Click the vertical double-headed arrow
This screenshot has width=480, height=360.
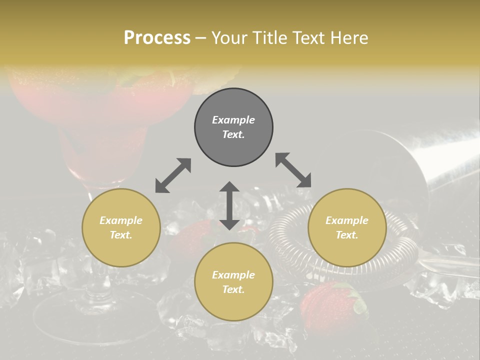229,205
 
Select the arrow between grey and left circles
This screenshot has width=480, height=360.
173,175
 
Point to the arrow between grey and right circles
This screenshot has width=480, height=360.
293,170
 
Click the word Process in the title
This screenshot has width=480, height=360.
157,38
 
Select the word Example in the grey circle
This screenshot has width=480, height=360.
233,120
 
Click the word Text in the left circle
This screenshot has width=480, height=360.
121,235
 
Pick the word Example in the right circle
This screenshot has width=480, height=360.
347,220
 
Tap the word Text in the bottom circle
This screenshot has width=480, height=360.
233,289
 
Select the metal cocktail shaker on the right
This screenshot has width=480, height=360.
440,160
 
